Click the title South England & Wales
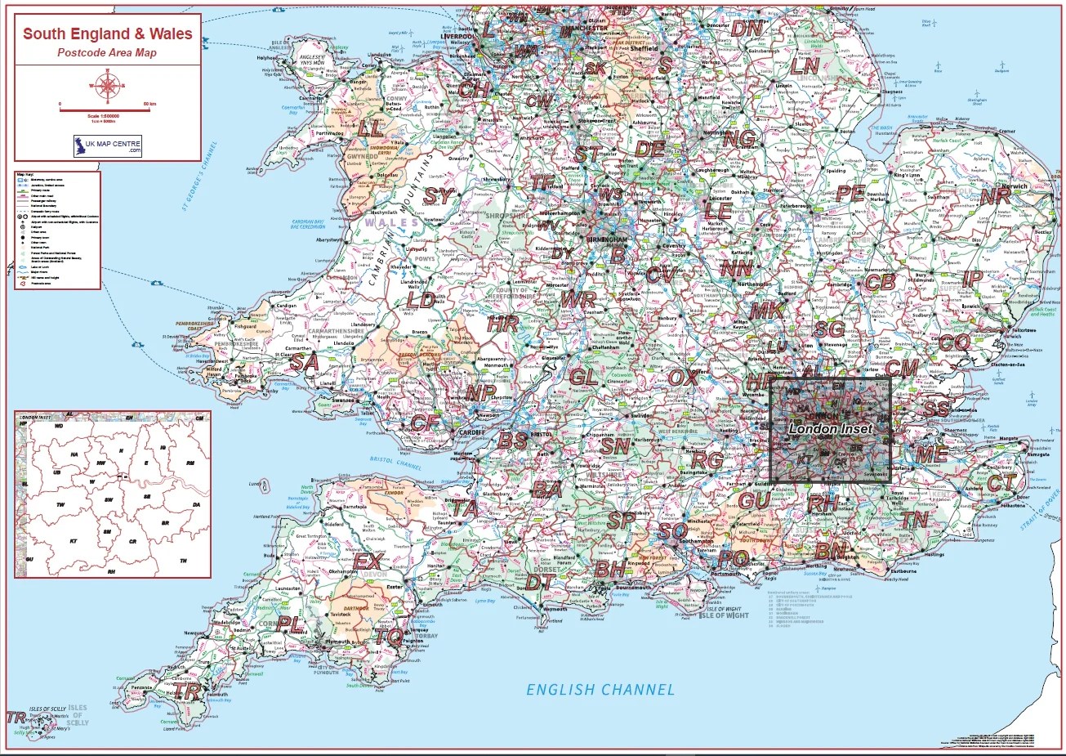[107, 34]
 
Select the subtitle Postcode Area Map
[107, 53]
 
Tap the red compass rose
[107, 83]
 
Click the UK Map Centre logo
[108, 146]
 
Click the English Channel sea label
[600, 690]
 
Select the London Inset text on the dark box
[831, 427]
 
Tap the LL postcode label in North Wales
[370, 128]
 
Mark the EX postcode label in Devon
[367, 561]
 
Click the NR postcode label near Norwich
[995, 196]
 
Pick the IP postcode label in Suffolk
[972, 279]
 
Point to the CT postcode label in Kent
[1001, 482]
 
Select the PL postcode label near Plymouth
[289, 623]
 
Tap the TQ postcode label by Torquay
[390, 635]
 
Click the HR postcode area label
[502, 323]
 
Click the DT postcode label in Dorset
[539, 582]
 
